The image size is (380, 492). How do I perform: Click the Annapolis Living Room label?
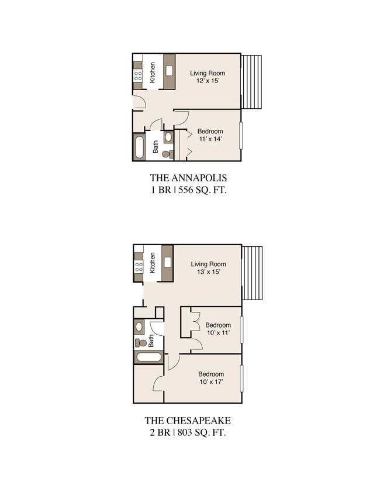tap(208, 73)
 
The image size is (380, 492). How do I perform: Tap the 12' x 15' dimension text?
tap(208, 81)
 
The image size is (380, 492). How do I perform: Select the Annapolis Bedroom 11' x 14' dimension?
tap(209, 139)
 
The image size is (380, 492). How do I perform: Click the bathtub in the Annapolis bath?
tap(139, 147)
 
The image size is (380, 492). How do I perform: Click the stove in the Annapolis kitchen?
tap(139, 75)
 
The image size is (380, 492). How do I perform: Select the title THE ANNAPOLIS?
tap(188, 178)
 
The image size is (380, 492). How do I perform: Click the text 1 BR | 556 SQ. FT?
tap(188, 190)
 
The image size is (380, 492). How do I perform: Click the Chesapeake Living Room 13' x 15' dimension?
tap(208, 273)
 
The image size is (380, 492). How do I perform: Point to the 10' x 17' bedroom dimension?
tap(211, 383)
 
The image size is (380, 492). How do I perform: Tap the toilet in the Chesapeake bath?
tap(140, 343)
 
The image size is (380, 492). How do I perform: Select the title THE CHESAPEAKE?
tap(188, 421)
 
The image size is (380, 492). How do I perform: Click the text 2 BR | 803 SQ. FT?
tap(188, 433)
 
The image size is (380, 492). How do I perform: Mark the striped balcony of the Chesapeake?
tap(253, 272)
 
